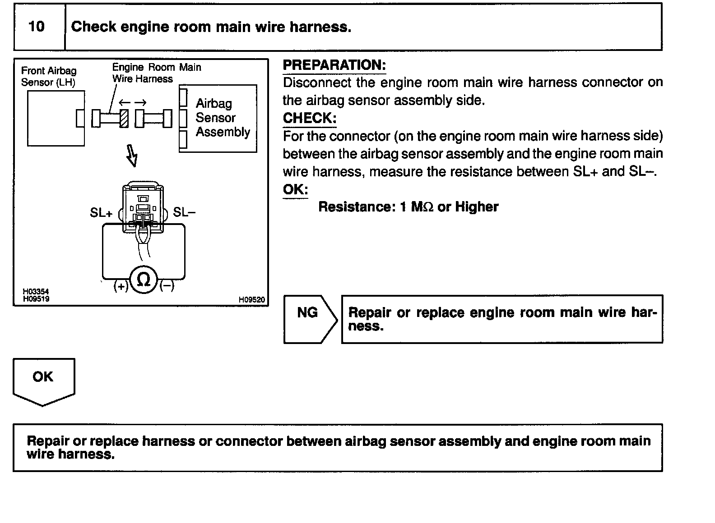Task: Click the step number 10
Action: [x=37, y=27]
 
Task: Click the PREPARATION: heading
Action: [x=334, y=65]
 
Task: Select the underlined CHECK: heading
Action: [x=310, y=118]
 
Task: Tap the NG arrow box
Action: [x=309, y=318]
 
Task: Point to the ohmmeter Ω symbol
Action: [x=144, y=280]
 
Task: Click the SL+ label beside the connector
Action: [x=101, y=212]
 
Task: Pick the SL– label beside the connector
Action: [x=184, y=212]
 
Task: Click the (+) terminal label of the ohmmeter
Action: [x=121, y=286]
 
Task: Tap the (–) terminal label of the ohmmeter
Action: [x=167, y=286]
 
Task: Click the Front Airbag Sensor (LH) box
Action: [x=56, y=118]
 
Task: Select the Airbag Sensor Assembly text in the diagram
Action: [x=222, y=118]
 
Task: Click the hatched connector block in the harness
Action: [x=124, y=118]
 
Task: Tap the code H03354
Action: [x=36, y=292]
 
